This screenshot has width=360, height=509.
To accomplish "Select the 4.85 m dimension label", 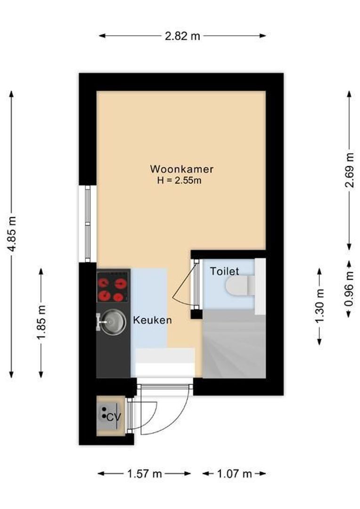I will pyautogui.click(x=12, y=234).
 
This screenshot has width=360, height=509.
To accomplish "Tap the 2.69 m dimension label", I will pyautogui.click(x=349, y=170).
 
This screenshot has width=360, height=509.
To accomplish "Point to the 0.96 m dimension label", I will pyautogui.click(x=349, y=288).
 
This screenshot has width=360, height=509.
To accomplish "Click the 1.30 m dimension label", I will pyautogui.click(x=320, y=306).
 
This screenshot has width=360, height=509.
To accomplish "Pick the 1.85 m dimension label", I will pyautogui.click(x=41, y=323).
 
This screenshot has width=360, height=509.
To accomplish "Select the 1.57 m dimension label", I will pyautogui.click(x=144, y=474).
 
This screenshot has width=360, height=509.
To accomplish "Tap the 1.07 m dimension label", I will pyautogui.click(x=234, y=474).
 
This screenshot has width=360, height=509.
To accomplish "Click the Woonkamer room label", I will pyautogui.click(x=182, y=169).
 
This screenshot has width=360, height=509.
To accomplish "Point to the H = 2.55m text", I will pyautogui.click(x=182, y=180).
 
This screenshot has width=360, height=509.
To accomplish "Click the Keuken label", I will pyautogui.click(x=152, y=320).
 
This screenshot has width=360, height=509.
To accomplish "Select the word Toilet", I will pyautogui.click(x=224, y=271).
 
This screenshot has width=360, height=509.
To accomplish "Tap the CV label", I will pyautogui.click(x=111, y=417).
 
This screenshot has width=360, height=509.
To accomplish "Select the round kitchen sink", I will pyautogui.click(x=112, y=322).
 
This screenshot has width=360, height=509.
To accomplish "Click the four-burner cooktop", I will pyautogui.click(x=113, y=289).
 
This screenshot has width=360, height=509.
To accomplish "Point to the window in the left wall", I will pyautogui.click(x=88, y=223).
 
